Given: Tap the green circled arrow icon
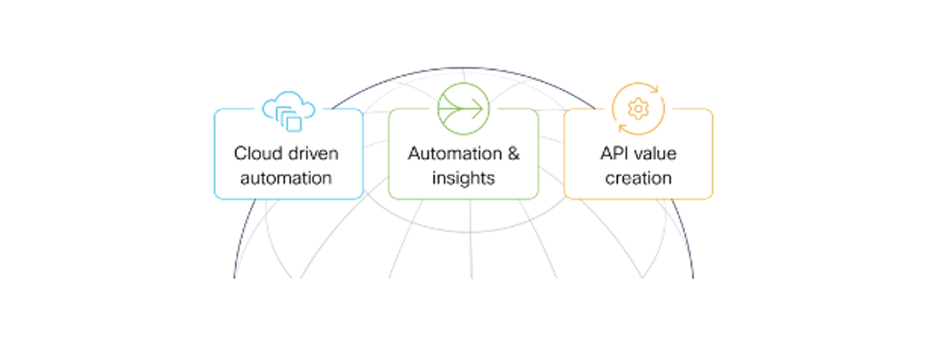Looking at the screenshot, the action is coord(463,109).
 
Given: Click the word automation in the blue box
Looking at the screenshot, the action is coord(286,178).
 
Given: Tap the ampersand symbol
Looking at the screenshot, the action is coord(513,153).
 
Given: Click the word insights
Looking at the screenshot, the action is coord(463,178).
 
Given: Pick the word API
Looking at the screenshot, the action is coord(614,153).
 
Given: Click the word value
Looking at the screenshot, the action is coord(656,153).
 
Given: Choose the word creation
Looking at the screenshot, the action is coord(638,178).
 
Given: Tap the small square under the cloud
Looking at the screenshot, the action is coord(294,124).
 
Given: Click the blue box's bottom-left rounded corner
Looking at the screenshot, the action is coord(217,196).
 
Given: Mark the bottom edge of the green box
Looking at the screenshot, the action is coord(463,198).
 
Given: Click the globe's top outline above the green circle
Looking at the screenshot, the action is coord(463,69).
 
